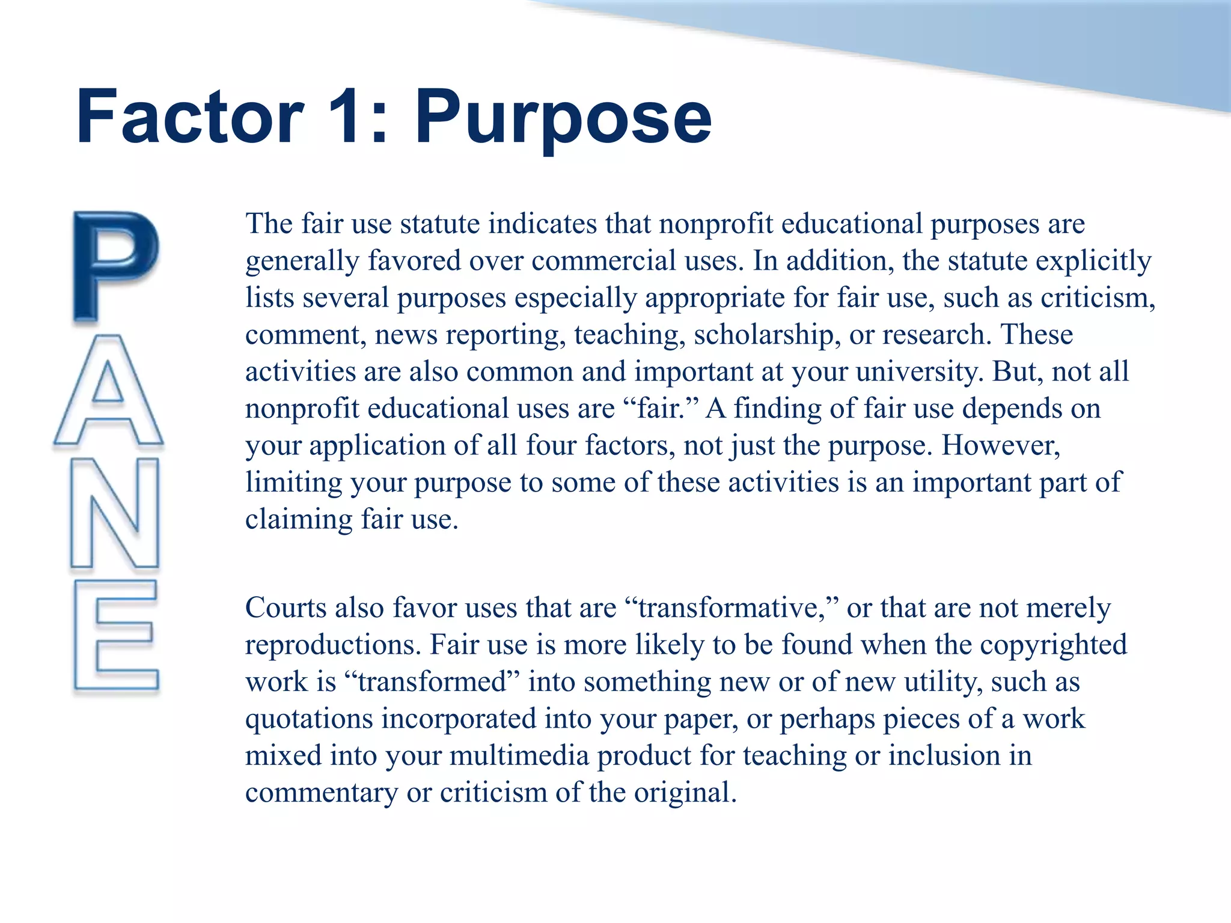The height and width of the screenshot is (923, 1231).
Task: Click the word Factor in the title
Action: (190, 117)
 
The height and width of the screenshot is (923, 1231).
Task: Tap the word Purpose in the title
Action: (563, 118)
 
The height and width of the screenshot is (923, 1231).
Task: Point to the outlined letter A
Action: (109, 391)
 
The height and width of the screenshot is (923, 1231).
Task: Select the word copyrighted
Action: (1054, 645)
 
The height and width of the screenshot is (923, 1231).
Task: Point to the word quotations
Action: (309, 719)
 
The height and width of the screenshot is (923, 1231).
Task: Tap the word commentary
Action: (322, 793)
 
